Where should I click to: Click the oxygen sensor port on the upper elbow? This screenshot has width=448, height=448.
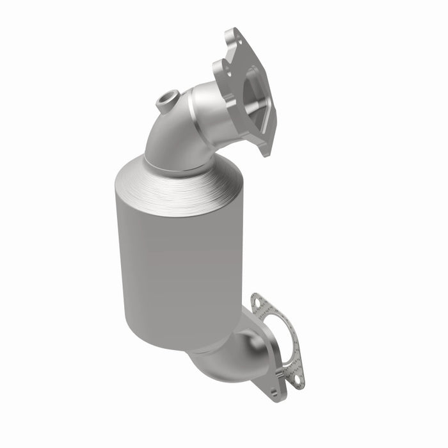click(167, 100)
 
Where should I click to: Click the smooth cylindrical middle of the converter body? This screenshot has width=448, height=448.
click(170, 269)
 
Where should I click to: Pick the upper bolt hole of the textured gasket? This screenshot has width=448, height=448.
click(257, 300)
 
